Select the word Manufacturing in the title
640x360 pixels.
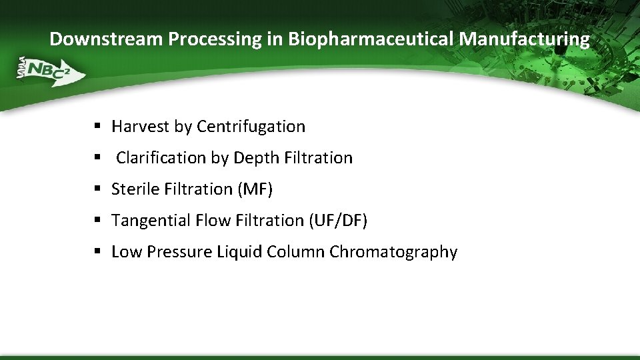[524, 39]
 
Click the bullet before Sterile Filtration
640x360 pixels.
[97, 189]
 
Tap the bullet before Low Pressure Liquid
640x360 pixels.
[97, 252]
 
